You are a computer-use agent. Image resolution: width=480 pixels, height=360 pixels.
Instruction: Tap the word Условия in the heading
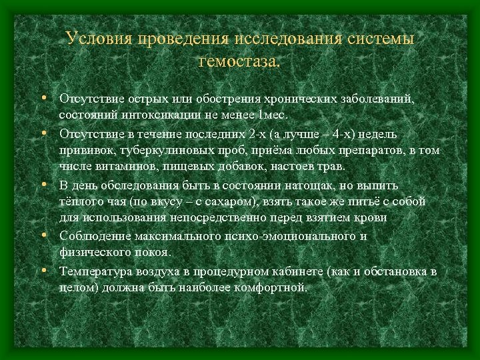click(x=99, y=39)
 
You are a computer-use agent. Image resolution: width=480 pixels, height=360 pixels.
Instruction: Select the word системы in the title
click(x=381, y=39)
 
